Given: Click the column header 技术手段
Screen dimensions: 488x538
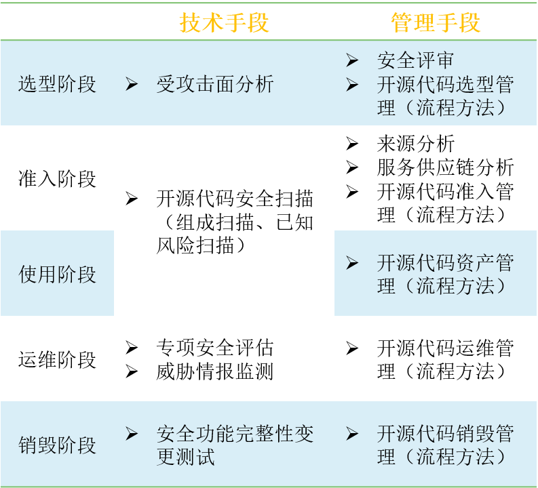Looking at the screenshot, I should [225, 22].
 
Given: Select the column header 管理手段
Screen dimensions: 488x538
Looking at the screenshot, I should [436, 22].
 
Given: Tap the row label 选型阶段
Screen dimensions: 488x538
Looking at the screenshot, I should [58, 84].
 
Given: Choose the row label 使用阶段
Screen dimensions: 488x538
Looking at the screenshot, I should [58, 274].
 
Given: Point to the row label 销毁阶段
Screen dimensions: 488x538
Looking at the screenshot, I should [58, 445].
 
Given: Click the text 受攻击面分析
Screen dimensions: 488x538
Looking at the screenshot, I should [215, 84].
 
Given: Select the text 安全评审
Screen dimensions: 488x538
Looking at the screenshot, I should [415, 61].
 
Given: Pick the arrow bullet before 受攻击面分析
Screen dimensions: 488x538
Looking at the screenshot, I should [132, 84].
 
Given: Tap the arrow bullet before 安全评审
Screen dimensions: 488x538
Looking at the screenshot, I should [351, 61].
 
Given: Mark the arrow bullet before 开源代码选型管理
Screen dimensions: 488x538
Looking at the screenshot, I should [351, 85].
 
